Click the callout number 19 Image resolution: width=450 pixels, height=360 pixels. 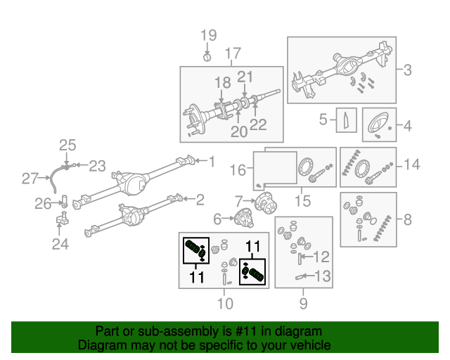coord(209,35)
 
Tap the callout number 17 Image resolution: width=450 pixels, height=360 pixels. coord(233,53)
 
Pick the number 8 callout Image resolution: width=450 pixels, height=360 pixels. coord(408,219)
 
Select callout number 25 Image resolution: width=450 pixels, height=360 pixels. coord(67,146)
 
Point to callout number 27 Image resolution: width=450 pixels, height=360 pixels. coord(29,179)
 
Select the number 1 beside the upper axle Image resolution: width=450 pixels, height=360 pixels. coord(211,162)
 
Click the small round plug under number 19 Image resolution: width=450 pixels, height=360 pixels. coord(208,56)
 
